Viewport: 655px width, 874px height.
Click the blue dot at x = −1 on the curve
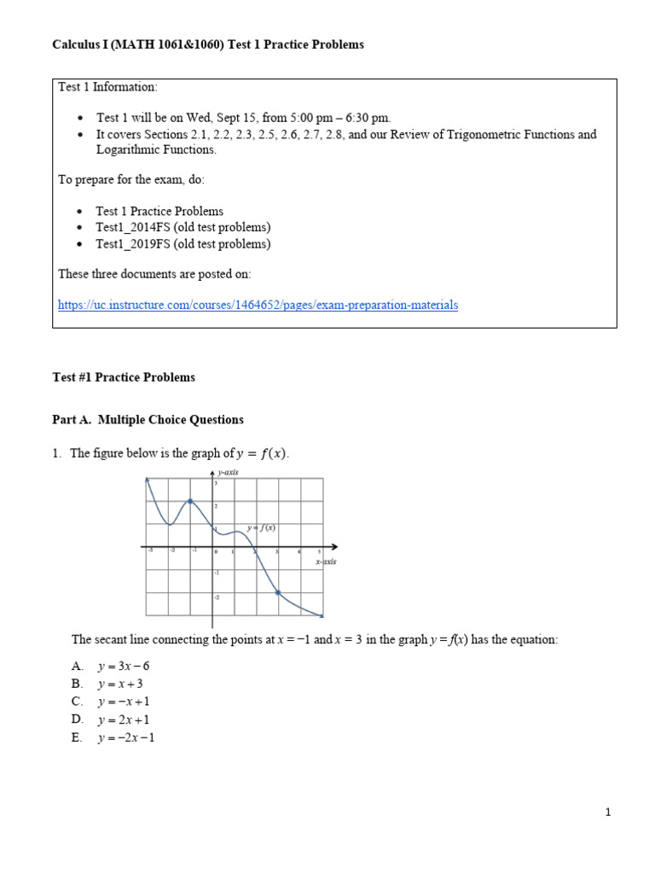(190, 501)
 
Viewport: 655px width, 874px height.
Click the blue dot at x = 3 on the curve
(278, 592)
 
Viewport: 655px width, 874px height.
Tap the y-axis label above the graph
(228, 472)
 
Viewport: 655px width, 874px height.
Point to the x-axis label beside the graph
(325, 562)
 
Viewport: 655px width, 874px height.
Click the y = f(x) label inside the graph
(261, 527)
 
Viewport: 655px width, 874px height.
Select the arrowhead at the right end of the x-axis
(334, 546)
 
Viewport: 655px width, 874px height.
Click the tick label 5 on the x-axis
(320, 552)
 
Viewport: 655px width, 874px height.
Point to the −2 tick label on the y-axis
(216, 597)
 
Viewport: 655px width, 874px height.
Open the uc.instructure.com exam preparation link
(258, 305)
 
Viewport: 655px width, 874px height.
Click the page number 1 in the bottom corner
(609, 813)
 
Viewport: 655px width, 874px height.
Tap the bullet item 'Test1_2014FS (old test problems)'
(183, 227)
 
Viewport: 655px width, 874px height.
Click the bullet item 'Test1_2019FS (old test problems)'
(183, 244)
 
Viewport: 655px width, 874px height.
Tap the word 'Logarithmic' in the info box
(125, 150)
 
